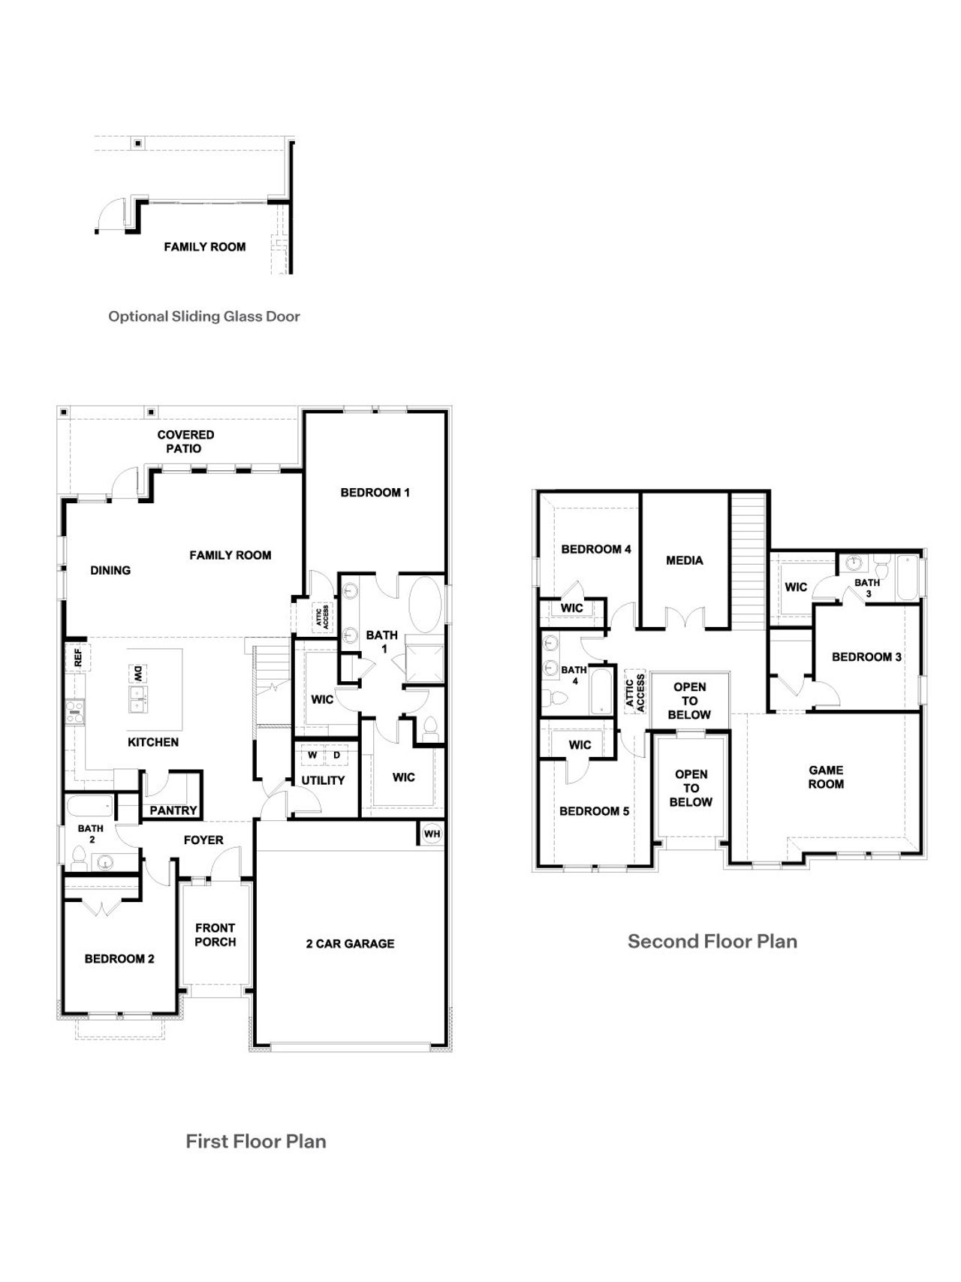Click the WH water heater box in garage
432,834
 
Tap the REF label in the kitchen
77,658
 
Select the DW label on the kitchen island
138,674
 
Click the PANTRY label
173,810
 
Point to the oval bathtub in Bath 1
426,602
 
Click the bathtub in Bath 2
89,808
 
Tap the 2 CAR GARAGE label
350,944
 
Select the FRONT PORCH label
215,935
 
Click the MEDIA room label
684,560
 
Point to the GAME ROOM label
826,777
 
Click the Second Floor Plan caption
712,942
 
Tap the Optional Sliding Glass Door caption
204,316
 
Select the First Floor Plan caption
256,1142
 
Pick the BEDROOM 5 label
594,811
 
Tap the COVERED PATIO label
185,442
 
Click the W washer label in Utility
312,755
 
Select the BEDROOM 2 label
119,959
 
